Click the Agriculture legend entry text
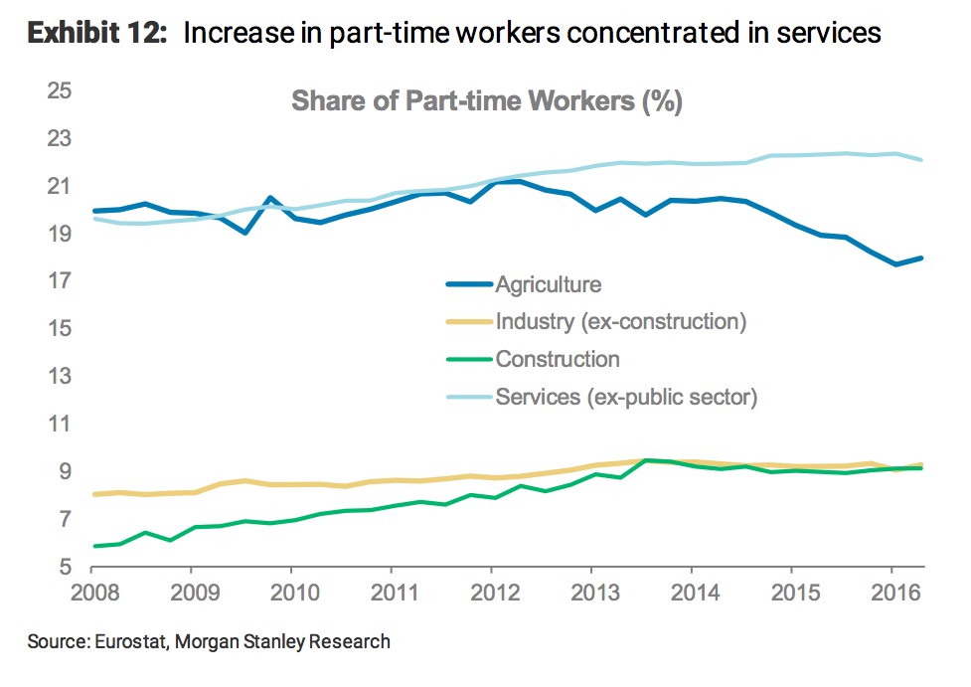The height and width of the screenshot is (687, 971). tap(548, 284)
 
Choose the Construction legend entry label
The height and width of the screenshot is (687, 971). tap(557, 360)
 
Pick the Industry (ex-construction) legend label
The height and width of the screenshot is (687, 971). tap(620, 322)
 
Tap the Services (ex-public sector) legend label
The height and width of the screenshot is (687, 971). tap(626, 398)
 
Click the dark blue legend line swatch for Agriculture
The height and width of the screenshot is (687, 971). tap(469, 284)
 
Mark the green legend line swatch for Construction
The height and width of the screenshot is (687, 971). tap(469, 360)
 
